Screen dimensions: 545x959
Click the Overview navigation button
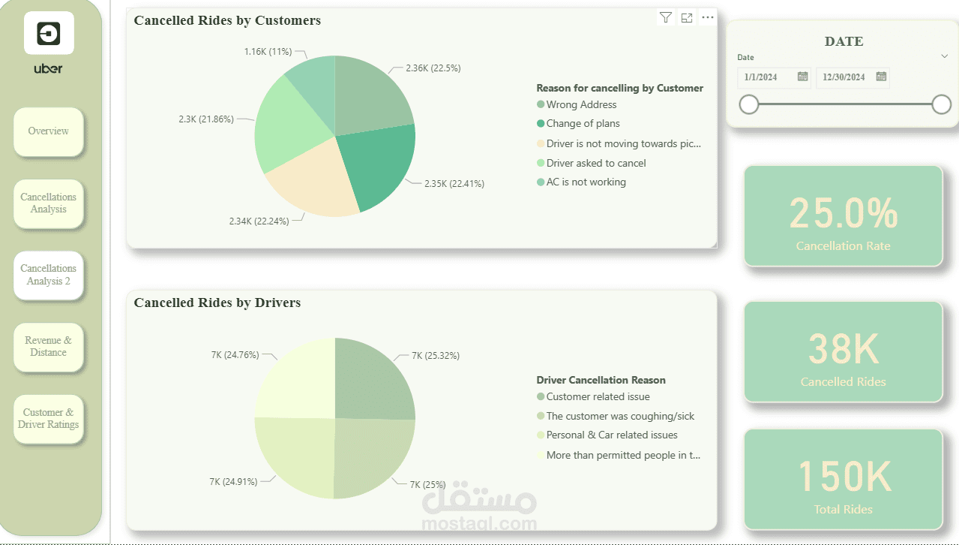click(49, 131)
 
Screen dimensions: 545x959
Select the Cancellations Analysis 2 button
click(49, 275)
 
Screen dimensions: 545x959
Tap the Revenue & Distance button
click(49, 346)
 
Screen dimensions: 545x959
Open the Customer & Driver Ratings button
click(49, 418)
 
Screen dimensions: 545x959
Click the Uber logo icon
click(49, 34)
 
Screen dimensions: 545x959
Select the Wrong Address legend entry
click(581, 105)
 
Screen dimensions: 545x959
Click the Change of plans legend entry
click(583, 124)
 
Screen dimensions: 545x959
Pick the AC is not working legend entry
click(586, 182)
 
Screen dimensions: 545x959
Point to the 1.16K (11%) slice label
click(268, 51)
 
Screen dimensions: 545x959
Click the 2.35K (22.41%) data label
click(454, 184)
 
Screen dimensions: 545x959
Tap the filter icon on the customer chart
click(665, 18)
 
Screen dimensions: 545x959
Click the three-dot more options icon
click(708, 18)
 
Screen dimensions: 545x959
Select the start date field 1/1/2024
click(761, 77)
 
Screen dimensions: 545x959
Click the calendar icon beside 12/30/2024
click(881, 77)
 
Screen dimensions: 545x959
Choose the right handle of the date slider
click(942, 104)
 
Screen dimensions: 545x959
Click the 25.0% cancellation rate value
click(844, 214)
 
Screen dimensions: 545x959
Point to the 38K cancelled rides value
click(844, 350)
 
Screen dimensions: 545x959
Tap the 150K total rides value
click(844, 477)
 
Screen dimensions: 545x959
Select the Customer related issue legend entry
click(598, 397)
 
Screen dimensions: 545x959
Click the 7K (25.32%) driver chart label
click(436, 356)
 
